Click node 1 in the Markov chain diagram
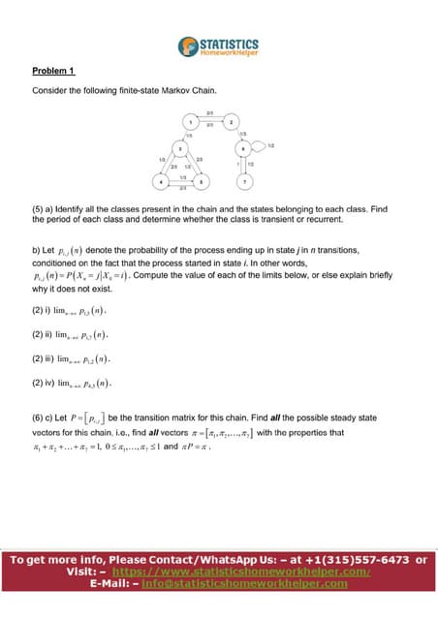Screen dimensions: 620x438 [x=191, y=121]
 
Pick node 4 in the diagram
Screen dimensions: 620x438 [x=160, y=181]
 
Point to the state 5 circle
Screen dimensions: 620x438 [x=201, y=181]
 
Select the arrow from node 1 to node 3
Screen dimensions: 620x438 [x=185, y=135]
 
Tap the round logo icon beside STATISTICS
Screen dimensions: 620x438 [x=187, y=46]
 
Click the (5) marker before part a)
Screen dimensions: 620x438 [x=40, y=208]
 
